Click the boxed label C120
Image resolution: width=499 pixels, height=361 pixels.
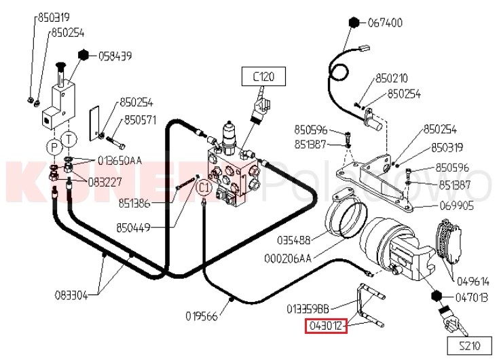coord(263,76)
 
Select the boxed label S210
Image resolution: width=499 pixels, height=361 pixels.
coord(469,345)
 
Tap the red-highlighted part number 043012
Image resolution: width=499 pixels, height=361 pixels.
coord(326,326)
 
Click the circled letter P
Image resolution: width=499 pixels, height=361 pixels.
coord(54,147)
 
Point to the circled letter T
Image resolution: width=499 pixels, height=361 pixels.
coord(69,139)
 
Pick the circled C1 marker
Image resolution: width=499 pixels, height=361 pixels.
coord(204,187)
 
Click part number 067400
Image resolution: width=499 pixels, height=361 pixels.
coord(385,23)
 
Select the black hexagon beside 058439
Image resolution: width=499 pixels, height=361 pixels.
coord(84,55)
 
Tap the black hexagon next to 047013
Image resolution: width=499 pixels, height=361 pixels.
coord(436,296)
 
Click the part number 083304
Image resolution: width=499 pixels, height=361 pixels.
coord(71,295)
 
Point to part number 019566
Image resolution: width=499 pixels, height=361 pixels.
coord(202,316)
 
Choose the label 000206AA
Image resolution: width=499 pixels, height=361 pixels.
coord(288,259)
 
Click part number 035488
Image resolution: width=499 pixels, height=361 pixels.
coord(293,240)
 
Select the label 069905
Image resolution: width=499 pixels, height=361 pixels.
coord(456,206)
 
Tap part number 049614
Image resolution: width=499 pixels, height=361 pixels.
coord(473,282)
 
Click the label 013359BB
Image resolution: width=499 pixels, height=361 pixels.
coord(308,309)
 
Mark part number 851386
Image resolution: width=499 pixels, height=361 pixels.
coord(134,204)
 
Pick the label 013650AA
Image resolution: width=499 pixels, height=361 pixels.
coord(119,161)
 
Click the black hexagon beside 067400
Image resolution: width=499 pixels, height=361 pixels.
coord(354,22)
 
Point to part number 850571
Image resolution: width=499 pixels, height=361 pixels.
coord(141,120)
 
